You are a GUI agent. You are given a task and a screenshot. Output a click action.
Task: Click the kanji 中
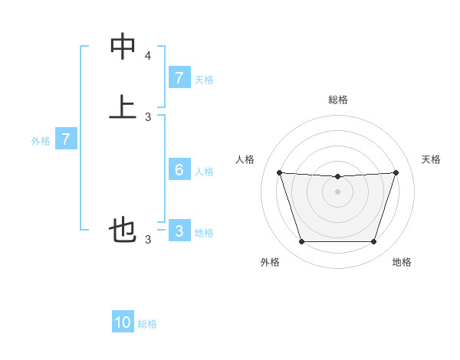coord(123,47)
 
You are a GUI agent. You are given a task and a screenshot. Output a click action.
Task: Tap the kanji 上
coord(123,106)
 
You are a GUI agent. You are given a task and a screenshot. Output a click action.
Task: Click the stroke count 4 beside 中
coord(148,56)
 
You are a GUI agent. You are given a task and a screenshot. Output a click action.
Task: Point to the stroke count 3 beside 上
coord(148,116)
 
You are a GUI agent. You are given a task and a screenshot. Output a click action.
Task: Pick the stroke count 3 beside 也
coord(148,240)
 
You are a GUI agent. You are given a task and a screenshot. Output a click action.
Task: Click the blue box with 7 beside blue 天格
coord(179,77)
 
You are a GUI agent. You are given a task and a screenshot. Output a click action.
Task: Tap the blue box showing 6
coord(179,170)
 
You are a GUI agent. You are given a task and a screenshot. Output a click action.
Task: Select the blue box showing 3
coord(179,231)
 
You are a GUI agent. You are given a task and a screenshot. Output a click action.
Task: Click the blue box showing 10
coord(123,322)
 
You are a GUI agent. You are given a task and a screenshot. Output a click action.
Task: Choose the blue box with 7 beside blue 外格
coord(66,139)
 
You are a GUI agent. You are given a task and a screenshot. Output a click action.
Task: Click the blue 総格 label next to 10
coord(147,324)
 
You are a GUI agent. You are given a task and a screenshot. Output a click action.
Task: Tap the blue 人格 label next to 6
coord(204,172)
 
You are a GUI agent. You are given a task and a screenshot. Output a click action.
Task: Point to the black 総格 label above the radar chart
coord(337,100)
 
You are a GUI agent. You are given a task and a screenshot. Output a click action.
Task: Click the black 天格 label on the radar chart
coord(431,159)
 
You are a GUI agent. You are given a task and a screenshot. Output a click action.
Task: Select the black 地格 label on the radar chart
coord(402,262)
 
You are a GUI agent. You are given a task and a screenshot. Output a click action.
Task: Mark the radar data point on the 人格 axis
coord(279,172)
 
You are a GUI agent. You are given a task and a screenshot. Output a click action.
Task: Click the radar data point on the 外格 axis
coord(301,242)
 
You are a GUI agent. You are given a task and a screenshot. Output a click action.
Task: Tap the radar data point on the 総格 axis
coord(337,177)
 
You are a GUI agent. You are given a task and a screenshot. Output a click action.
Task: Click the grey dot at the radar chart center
coord(337,191)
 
